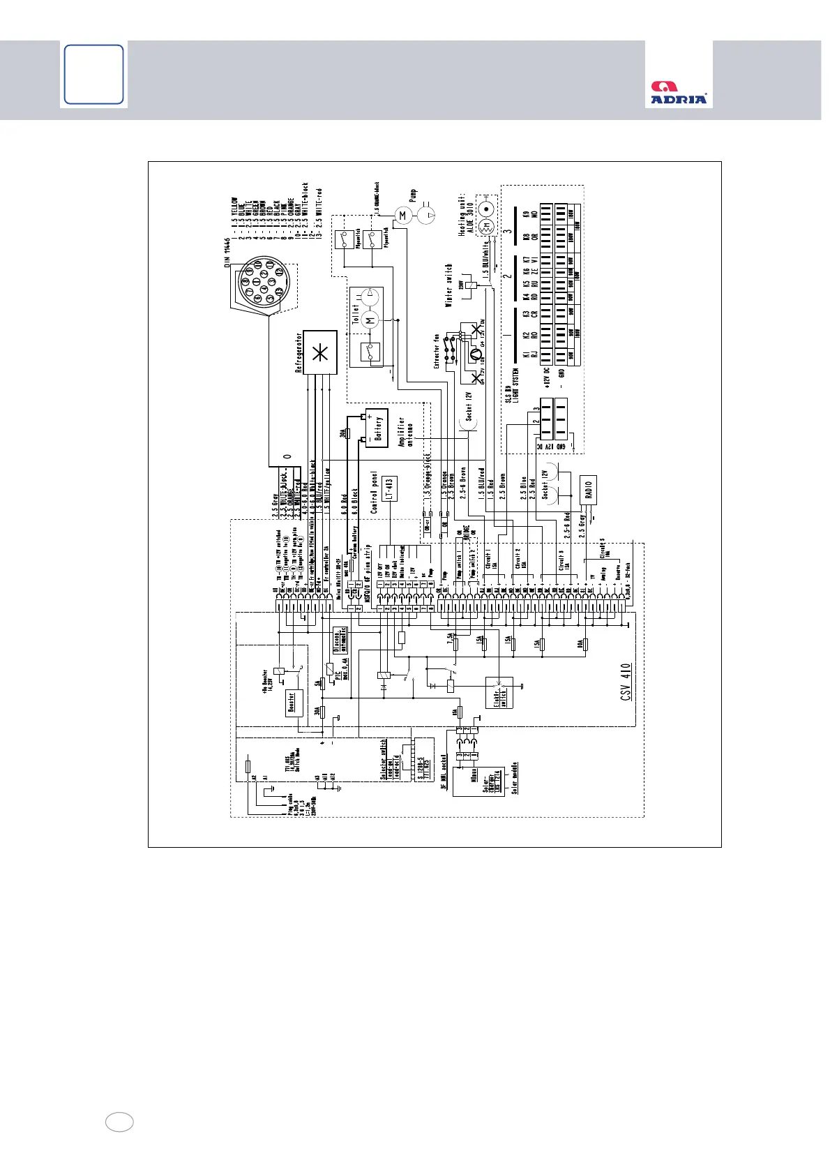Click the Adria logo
(679, 93)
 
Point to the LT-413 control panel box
(391, 488)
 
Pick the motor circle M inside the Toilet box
(371, 320)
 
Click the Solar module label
(515, 777)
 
